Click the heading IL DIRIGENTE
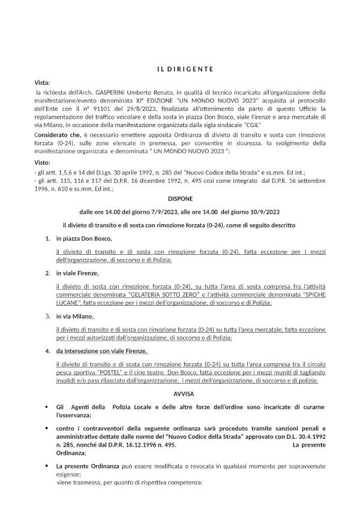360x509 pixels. click(185, 68)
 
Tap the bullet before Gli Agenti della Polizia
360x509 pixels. click(47, 408)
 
